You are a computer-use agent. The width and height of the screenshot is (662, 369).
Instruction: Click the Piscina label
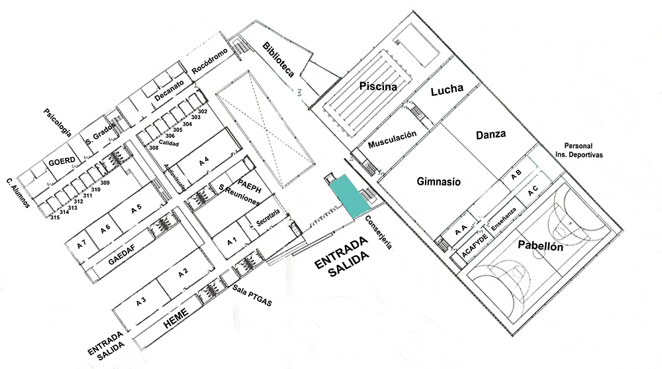coord(378,85)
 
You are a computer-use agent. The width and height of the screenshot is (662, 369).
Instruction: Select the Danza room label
coord(491,134)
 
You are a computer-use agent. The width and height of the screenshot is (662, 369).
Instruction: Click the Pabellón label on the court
coord(540,246)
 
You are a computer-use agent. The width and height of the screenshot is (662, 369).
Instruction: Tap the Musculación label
coord(393,139)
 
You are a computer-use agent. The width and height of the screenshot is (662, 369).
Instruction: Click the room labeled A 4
coord(204,161)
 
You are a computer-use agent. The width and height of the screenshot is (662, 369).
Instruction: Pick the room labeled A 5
coord(136,209)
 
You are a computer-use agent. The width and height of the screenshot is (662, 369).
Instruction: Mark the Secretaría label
coord(268,220)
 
